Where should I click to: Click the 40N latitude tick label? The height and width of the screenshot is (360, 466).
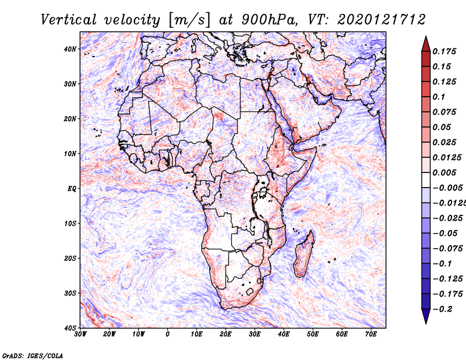pyautogui.click(x=70, y=49)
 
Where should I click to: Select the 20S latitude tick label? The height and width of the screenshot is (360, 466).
pyautogui.click(x=70, y=258)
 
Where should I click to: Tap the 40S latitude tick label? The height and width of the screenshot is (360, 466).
pyautogui.click(x=70, y=328)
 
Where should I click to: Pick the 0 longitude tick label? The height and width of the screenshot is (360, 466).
pyautogui.click(x=168, y=334)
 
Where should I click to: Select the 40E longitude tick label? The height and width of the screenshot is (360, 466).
pyautogui.click(x=284, y=334)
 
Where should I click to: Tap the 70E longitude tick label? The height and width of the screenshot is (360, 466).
pyautogui.click(x=370, y=334)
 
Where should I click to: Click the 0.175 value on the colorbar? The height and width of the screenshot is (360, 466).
pyautogui.click(x=444, y=51)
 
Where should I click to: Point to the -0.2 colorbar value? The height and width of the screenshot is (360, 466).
pyautogui.click(x=443, y=309)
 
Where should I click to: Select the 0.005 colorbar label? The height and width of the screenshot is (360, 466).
pyautogui.click(x=444, y=172)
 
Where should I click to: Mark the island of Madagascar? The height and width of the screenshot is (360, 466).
pyautogui.click(x=304, y=254)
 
